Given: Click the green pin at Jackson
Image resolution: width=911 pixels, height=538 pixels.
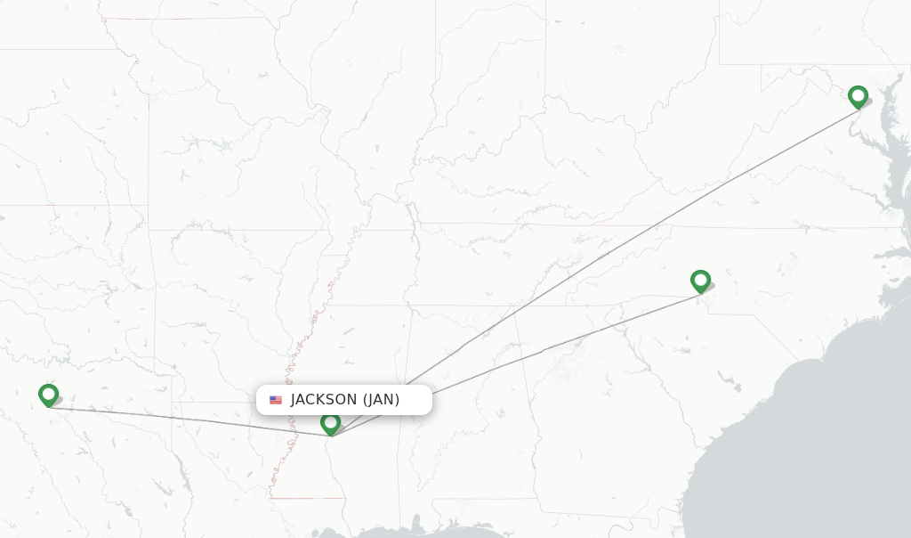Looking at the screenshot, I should coord(330,423).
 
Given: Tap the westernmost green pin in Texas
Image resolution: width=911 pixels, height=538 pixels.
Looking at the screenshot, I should coord(48,394).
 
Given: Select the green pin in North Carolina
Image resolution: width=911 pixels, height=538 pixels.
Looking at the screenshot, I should coord(700,281).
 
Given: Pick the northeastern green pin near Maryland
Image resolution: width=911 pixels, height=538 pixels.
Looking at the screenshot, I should coord(858,96).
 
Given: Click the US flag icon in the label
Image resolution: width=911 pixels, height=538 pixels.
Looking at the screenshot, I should coord(276,400).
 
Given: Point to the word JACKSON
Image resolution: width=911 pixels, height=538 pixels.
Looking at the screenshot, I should coord(324,400).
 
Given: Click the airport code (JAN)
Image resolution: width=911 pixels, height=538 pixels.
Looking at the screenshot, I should coord(381,400).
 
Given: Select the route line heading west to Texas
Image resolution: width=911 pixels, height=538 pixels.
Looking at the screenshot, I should coord(178,420).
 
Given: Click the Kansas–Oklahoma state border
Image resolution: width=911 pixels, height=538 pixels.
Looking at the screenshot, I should coord(71,206).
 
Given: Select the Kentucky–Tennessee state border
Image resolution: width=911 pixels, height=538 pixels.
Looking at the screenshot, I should coord(498,224).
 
